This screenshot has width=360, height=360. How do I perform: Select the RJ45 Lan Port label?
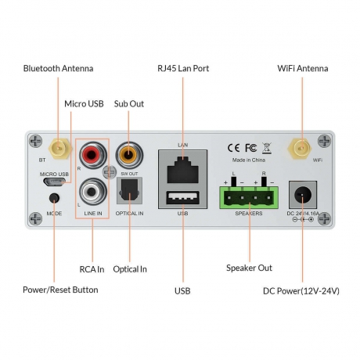pos(182,69)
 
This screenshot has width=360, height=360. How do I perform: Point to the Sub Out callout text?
pos(129,103)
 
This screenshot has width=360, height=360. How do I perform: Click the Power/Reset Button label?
pos(60,290)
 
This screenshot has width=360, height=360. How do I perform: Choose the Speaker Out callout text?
pos(249,268)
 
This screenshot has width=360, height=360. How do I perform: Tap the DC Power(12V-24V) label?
pos(301,291)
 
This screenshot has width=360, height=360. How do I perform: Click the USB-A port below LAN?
pos(182,197)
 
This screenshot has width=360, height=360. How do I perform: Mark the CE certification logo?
pos(234,147)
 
